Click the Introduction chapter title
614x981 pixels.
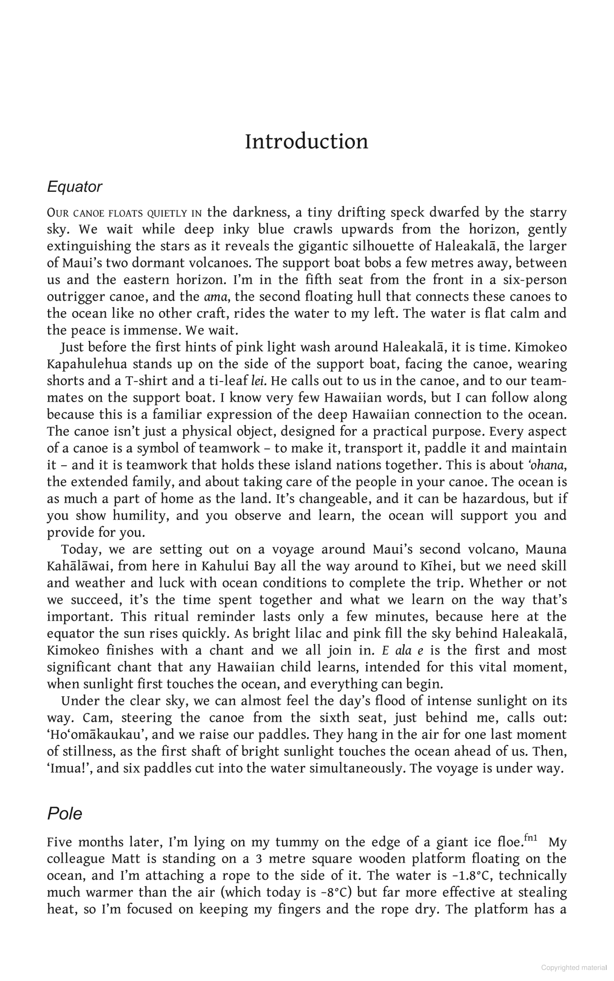pos(307,142)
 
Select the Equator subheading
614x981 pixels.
pos(74,187)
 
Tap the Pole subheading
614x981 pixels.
pos(64,813)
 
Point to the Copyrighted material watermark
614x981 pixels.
pos(574,968)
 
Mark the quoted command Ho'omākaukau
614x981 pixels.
pos(98,735)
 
